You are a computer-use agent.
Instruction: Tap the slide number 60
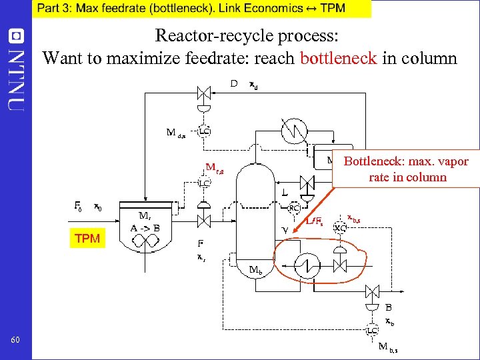[x=15, y=341]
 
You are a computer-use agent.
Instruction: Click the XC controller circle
[x=340, y=228]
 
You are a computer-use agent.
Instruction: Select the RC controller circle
[x=293, y=208]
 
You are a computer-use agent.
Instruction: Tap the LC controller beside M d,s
[x=204, y=131]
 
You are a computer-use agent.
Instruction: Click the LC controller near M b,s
[x=372, y=331]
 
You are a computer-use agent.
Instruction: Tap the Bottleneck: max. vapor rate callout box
[x=406, y=169]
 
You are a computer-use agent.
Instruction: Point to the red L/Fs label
[x=315, y=221]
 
